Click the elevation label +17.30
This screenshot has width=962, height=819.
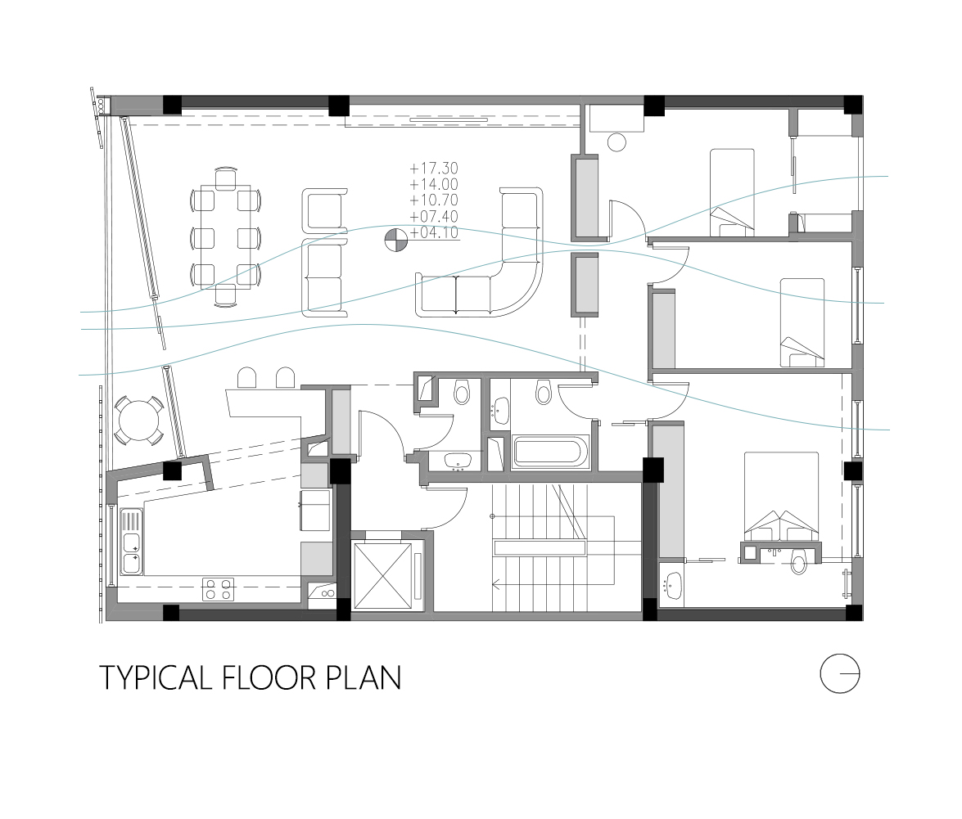click(434, 168)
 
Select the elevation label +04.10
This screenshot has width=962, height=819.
click(434, 232)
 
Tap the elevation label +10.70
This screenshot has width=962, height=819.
click(434, 200)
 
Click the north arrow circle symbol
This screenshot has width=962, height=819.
click(840, 673)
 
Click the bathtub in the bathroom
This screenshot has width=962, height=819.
click(551, 453)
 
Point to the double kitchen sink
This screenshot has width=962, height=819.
click(131, 542)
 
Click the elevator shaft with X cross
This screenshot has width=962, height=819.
click(382, 576)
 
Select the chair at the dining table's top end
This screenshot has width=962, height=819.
click(226, 178)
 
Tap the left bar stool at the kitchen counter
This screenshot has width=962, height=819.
click(246, 378)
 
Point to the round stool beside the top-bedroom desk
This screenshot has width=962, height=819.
click(616, 142)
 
